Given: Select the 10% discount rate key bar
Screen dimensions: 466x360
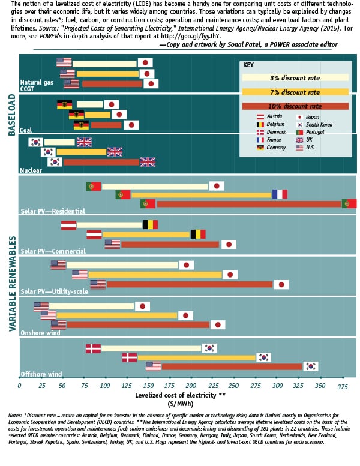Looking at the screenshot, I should (x=295, y=106).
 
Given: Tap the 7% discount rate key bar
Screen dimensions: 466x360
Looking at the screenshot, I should (x=295, y=92).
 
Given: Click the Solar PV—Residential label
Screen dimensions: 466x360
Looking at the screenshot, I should (x=52, y=211).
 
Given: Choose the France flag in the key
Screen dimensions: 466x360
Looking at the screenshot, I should (x=261, y=140).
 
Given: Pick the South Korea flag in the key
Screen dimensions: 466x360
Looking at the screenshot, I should (x=300, y=124).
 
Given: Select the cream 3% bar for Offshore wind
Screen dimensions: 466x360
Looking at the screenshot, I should (x=151, y=348).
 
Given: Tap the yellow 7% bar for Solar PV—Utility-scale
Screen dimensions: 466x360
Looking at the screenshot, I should (x=155, y=275).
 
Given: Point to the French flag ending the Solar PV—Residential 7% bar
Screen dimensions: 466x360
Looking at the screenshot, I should (x=280, y=194).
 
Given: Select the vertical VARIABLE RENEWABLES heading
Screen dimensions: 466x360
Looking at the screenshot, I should (x=11, y=283).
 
